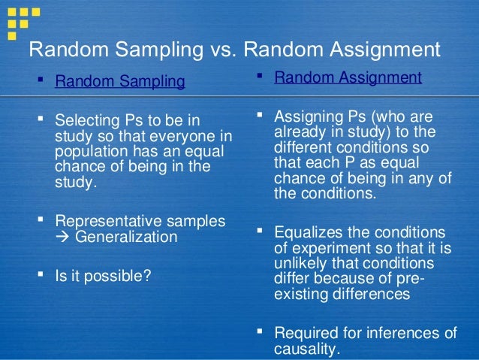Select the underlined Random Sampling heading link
[119, 81]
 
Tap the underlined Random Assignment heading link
[348, 77]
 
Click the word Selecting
[85, 120]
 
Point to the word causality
[306, 349]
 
